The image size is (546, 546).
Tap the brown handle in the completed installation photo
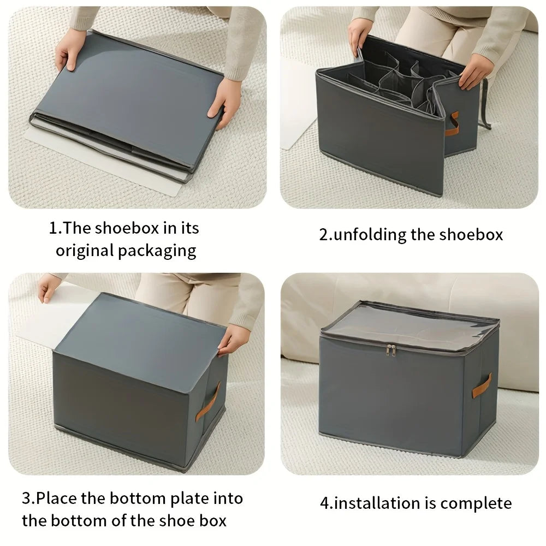coord(482,385)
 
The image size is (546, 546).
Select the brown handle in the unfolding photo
coord(452,123)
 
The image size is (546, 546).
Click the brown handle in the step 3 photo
coord(208,401)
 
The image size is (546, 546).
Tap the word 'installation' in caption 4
coord(380,503)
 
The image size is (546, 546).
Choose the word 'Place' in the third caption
coord(57,498)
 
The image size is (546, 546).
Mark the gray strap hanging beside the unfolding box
coord(484,104)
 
